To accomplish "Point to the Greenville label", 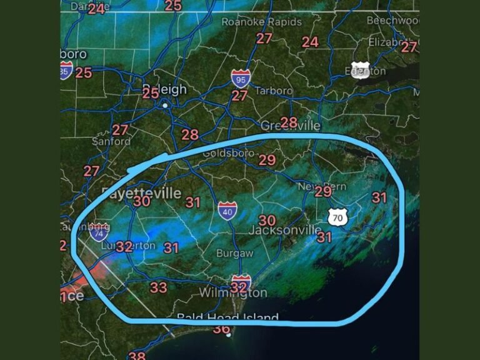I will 290,126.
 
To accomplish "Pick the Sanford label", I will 111,141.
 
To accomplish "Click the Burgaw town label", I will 234,253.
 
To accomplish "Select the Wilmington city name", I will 233,292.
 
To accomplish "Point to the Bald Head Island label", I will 227,317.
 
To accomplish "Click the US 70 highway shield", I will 337,217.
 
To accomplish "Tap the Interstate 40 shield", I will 227,211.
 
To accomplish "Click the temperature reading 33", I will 158,287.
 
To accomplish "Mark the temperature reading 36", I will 221,329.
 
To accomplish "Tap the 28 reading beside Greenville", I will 289,122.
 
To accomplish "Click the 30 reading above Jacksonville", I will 267,220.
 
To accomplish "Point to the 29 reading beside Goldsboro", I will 267,160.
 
